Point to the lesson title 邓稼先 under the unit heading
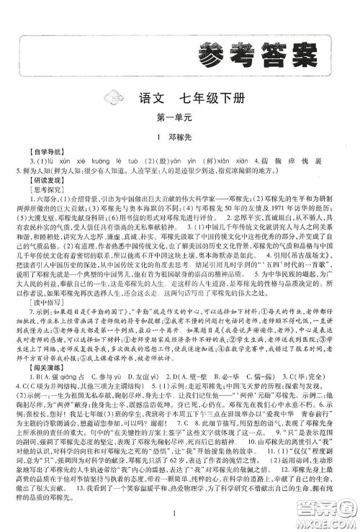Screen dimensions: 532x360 tap(184, 136)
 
